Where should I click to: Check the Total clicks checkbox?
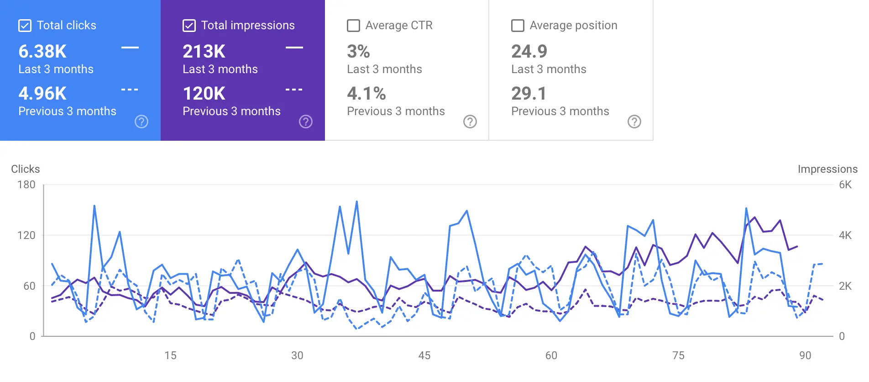(25, 26)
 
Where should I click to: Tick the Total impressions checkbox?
(189, 26)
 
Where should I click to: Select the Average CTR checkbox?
(353, 26)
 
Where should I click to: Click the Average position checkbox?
(518, 26)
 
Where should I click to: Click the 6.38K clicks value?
(42, 52)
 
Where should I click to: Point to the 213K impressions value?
(204, 52)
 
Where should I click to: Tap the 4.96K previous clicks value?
(42, 94)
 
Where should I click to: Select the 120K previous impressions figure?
(204, 94)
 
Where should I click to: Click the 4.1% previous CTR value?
(366, 94)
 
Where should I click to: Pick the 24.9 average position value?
(529, 52)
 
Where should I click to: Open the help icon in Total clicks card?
(141, 122)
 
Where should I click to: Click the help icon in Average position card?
(634, 122)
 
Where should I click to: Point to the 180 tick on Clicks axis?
(26, 185)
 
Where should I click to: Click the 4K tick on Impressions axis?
(845, 235)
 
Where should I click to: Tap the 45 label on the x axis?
(424, 355)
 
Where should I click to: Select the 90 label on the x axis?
(805, 355)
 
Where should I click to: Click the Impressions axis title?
(827, 169)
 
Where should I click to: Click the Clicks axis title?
(26, 169)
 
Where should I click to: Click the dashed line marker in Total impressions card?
(294, 90)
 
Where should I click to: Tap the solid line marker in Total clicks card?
(130, 47)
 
